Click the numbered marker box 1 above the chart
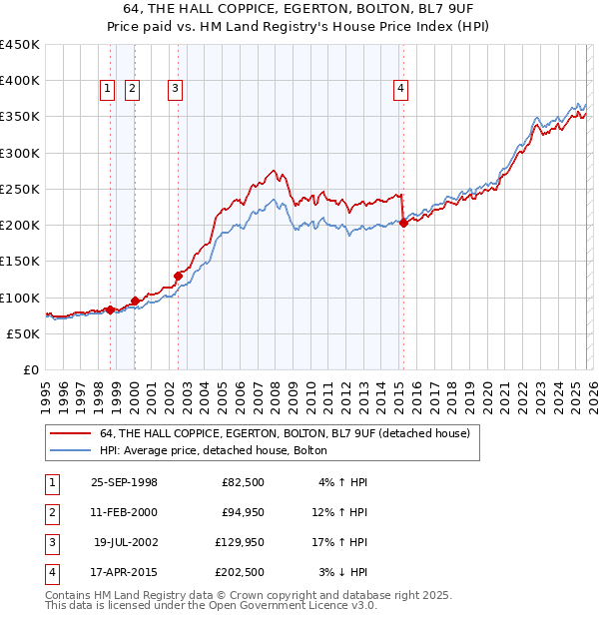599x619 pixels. [107, 89]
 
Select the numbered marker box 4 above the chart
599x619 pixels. [400, 89]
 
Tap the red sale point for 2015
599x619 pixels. [403, 224]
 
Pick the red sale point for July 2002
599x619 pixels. [178, 276]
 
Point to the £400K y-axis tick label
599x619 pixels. [20, 81]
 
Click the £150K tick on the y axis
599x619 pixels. [20, 261]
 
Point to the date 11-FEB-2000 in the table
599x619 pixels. [124, 512]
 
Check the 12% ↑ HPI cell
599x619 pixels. [341, 512]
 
